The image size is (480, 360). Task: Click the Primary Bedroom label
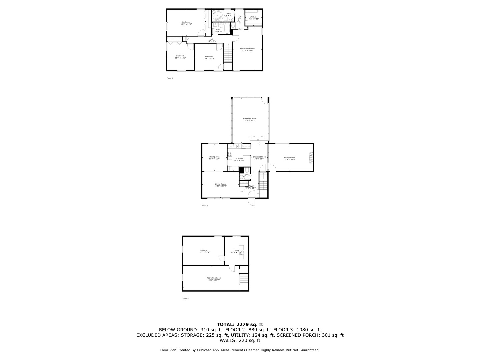pyautogui.click(x=248, y=48)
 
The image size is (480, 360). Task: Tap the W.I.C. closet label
pyautogui.click(x=253, y=17)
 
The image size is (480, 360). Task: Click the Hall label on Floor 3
pyautogui.click(x=211, y=39)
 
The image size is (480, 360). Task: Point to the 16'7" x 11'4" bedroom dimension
pyautogui.click(x=186, y=24)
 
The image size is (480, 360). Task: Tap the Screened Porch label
pyautogui.click(x=250, y=119)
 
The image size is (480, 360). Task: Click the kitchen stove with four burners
pyautogui.click(x=230, y=154)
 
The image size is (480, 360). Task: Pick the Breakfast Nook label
pyautogui.click(x=259, y=157)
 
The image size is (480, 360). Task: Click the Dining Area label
pyautogui.click(x=214, y=157)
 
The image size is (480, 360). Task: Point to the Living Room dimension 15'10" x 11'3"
pyautogui.click(x=220, y=186)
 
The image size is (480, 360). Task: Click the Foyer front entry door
pyautogui.click(x=251, y=202)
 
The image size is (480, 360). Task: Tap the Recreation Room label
pyautogui.click(x=214, y=278)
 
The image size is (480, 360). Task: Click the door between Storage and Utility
pyautogui.click(x=222, y=258)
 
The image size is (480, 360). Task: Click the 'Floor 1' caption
pyautogui.click(x=186, y=298)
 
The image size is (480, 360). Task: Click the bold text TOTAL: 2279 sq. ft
pyautogui.click(x=240, y=324)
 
